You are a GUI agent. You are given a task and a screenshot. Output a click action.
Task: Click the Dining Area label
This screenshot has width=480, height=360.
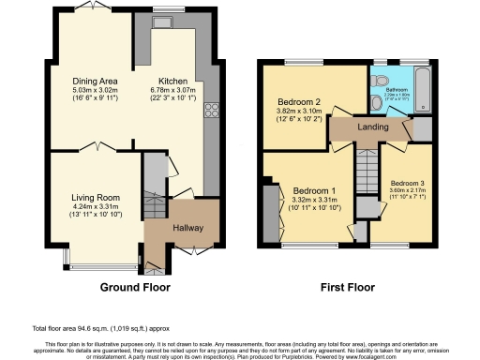[95, 81]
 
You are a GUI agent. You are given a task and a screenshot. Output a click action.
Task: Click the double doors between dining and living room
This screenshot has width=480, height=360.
[97, 148]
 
